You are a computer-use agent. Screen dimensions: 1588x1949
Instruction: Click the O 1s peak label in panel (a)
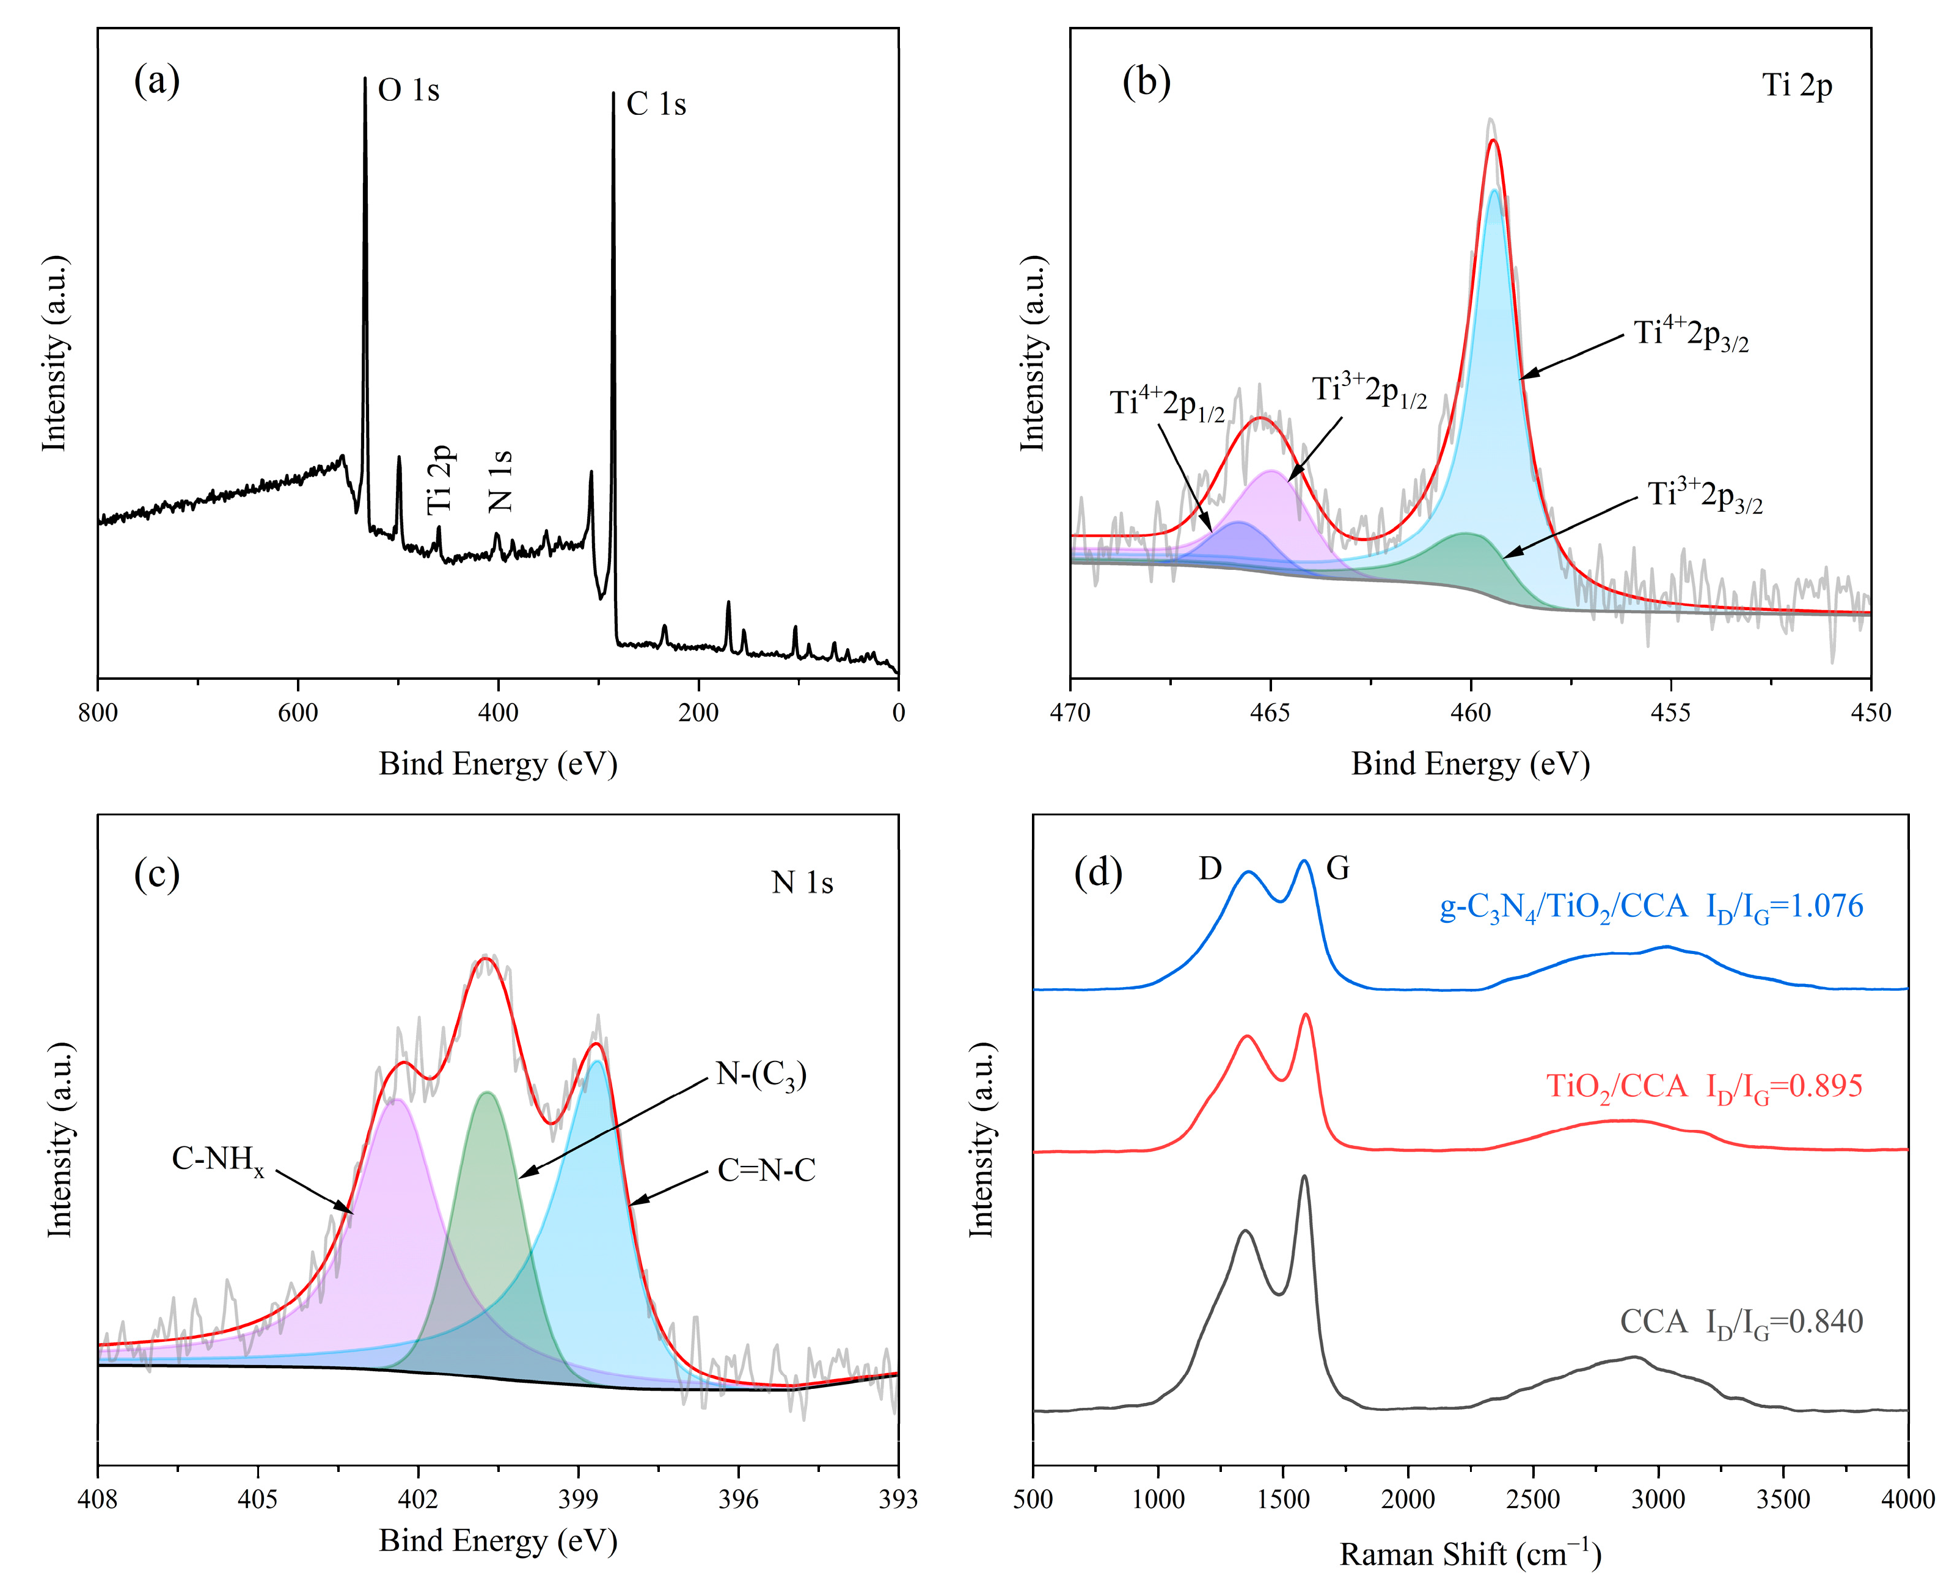click(408, 90)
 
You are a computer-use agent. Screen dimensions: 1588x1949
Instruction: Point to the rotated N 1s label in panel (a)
click(500, 480)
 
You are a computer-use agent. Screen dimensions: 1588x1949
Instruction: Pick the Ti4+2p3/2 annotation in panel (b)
click(1691, 335)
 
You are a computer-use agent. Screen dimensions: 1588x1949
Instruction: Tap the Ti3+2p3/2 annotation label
click(1705, 496)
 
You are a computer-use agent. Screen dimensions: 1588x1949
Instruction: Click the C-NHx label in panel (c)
click(218, 1160)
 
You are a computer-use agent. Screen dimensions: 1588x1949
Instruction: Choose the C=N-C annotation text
click(766, 1170)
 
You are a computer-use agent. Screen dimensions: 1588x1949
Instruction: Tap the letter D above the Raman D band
click(1210, 869)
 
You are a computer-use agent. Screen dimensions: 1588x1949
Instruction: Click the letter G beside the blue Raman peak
click(1338, 869)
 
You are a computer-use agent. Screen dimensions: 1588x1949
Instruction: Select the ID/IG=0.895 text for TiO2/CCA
click(1784, 1087)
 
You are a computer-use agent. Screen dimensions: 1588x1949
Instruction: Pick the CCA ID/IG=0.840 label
click(1741, 1323)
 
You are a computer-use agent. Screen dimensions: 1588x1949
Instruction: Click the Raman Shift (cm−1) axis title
click(1469, 1553)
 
